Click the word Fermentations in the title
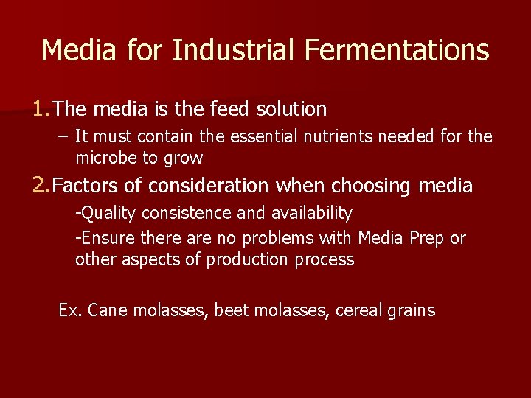(396, 50)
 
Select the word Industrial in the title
(235, 50)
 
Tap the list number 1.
(40, 109)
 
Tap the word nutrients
(342, 136)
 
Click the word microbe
(104, 158)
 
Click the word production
(248, 259)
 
